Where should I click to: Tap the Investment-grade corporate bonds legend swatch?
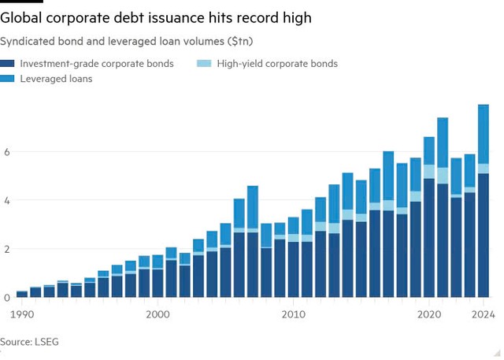click(10, 64)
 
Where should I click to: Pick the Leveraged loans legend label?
click(57, 79)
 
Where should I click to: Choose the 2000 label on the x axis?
click(157, 314)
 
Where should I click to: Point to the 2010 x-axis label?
click(294, 314)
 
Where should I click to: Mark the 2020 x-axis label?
click(429, 314)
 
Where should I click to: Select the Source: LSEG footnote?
click(29, 342)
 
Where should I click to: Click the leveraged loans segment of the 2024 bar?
click(484, 134)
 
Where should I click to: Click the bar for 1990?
click(22, 295)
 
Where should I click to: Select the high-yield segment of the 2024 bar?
click(484, 169)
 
